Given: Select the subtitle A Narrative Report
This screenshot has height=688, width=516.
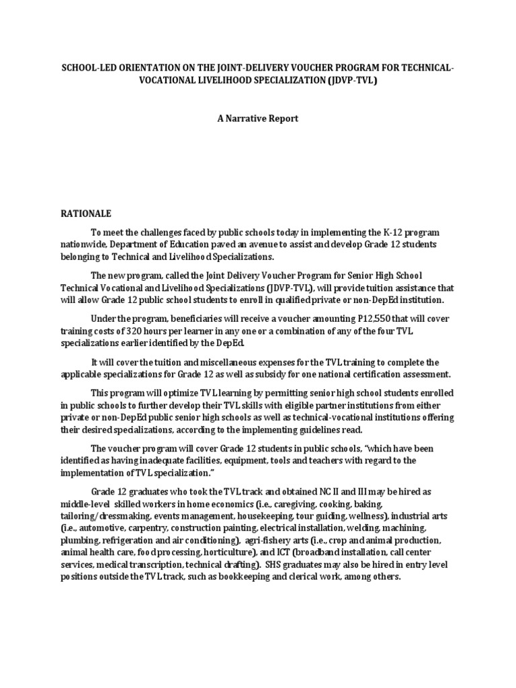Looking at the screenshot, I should pyautogui.click(x=257, y=119).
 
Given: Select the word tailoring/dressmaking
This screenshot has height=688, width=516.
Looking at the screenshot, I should pyautogui.click(x=106, y=516).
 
